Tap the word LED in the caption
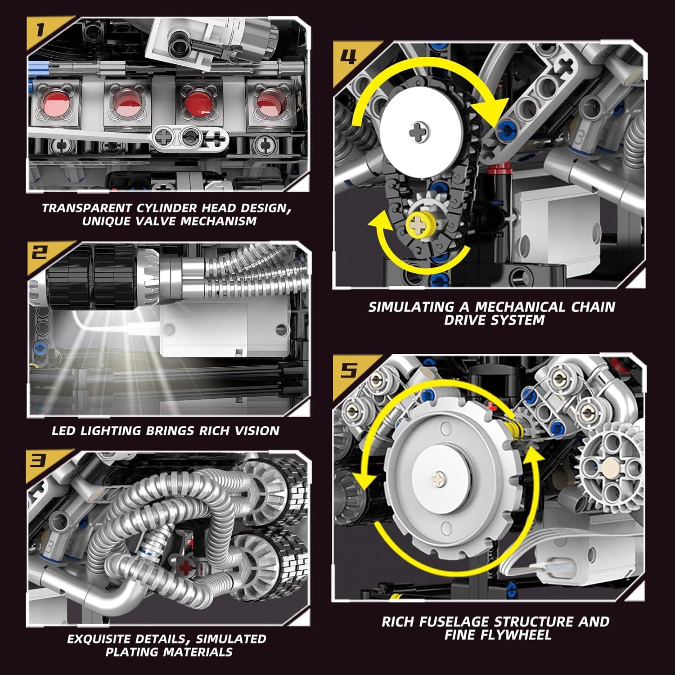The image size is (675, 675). pyautogui.click(x=63, y=431)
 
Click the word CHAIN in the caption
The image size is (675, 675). pyautogui.click(x=593, y=307)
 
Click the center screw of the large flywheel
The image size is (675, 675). pyautogui.click(x=438, y=478)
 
